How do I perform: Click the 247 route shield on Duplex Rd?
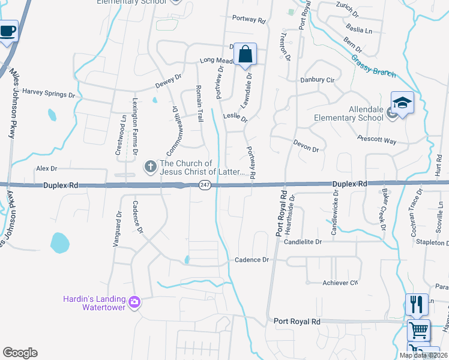205,185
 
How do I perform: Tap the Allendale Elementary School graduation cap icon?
402,103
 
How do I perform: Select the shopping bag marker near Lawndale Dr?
245,55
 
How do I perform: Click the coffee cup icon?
7,31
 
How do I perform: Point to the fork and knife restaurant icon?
417,304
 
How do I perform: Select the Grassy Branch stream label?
373,65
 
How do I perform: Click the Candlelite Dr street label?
303,242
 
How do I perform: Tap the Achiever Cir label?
340,282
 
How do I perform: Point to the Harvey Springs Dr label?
49,94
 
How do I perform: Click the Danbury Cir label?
318,80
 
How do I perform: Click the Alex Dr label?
46,169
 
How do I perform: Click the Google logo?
20,353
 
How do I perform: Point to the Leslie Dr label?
235,116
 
